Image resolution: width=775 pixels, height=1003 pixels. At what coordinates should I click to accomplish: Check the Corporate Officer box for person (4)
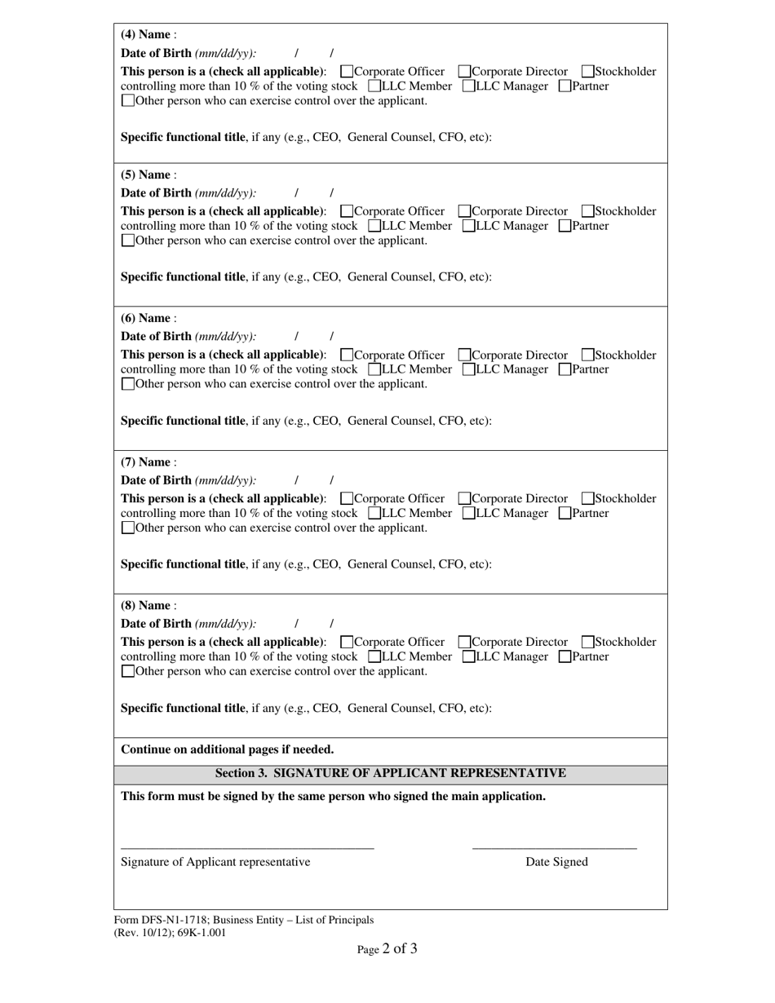click(347, 72)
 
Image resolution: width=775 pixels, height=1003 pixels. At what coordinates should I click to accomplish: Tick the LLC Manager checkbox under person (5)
click(469, 226)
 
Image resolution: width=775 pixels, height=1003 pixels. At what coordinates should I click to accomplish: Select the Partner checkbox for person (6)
click(565, 369)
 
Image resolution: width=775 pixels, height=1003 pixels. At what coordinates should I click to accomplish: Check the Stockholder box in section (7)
click(588, 499)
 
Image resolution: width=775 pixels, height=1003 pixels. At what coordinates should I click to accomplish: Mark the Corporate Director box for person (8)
click(465, 643)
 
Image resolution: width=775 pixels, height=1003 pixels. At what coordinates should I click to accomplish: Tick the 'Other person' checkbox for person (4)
click(127, 101)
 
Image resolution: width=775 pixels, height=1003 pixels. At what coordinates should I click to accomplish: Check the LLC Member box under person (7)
click(375, 514)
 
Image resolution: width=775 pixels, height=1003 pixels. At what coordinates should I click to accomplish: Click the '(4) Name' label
click(147, 35)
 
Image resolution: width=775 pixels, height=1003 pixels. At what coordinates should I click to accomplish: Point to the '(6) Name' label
click(147, 319)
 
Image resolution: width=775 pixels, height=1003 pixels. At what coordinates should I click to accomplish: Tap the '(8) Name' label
click(147, 606)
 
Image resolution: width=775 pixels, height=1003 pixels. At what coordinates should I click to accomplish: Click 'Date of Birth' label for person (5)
click(157, 193)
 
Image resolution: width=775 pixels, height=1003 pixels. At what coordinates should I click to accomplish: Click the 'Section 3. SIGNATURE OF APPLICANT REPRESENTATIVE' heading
click(390, 773)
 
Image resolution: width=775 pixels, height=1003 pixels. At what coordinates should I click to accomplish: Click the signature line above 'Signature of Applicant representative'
click(247, 848)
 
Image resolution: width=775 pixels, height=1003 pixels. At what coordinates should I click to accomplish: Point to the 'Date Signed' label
click(556, 862)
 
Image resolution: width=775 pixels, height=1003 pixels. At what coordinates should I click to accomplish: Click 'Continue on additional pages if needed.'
click(227, 749)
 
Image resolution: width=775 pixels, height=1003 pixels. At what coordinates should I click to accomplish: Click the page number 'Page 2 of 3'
click(387, 949)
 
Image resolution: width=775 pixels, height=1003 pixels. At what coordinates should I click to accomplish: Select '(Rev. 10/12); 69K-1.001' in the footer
click(170, 933)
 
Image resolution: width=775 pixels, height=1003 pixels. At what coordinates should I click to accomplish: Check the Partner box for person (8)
click(565, 657)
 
